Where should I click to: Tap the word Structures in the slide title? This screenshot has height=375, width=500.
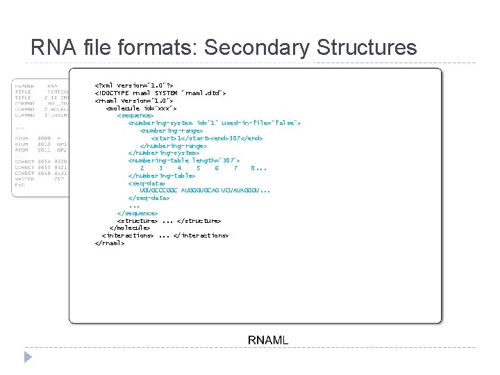tap(366, 48)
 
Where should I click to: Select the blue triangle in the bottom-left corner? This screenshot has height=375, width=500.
tap(28, 357)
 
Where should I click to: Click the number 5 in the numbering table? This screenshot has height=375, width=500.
tap(198, 167)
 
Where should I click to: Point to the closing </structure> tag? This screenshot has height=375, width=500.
tap(199, 220)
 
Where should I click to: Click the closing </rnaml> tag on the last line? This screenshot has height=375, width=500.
tap(109, 242)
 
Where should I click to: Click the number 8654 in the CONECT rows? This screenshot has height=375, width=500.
tap(44, 161)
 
